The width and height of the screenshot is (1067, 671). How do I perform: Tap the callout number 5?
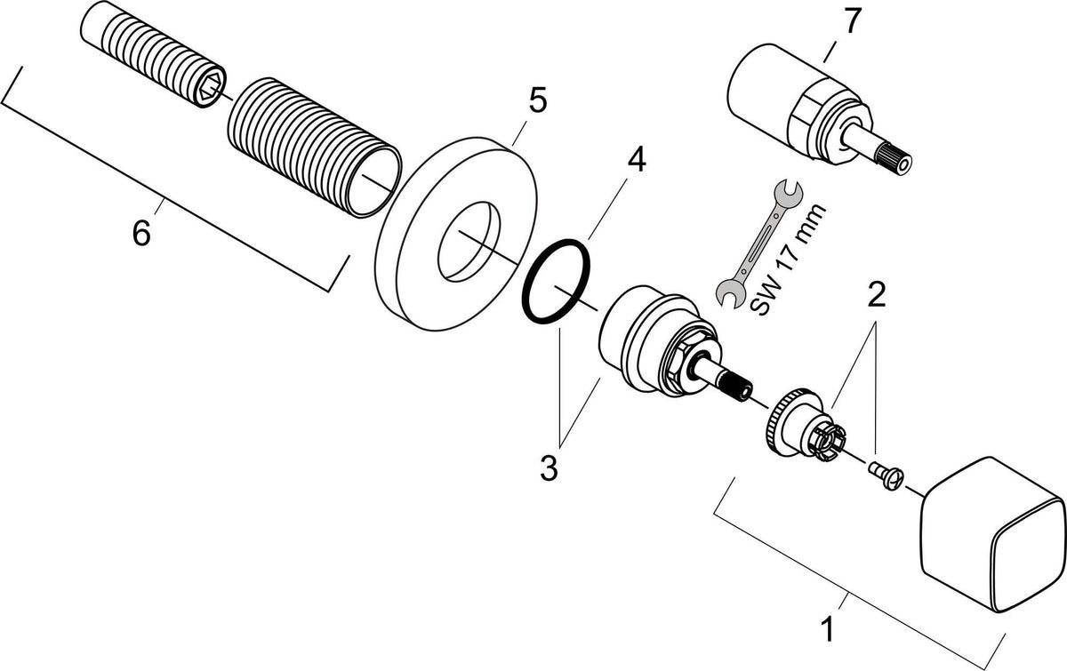click(538, 101)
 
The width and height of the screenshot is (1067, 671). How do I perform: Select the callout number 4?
click(637, 159)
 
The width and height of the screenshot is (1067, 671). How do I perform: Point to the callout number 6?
click(141, 233)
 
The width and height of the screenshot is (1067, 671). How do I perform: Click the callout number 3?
click(549, 467)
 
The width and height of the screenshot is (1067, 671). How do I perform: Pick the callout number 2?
click(877, 294)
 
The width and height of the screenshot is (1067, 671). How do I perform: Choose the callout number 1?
click(828, 628)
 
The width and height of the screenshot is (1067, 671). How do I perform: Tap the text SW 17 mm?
click(788, 259)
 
